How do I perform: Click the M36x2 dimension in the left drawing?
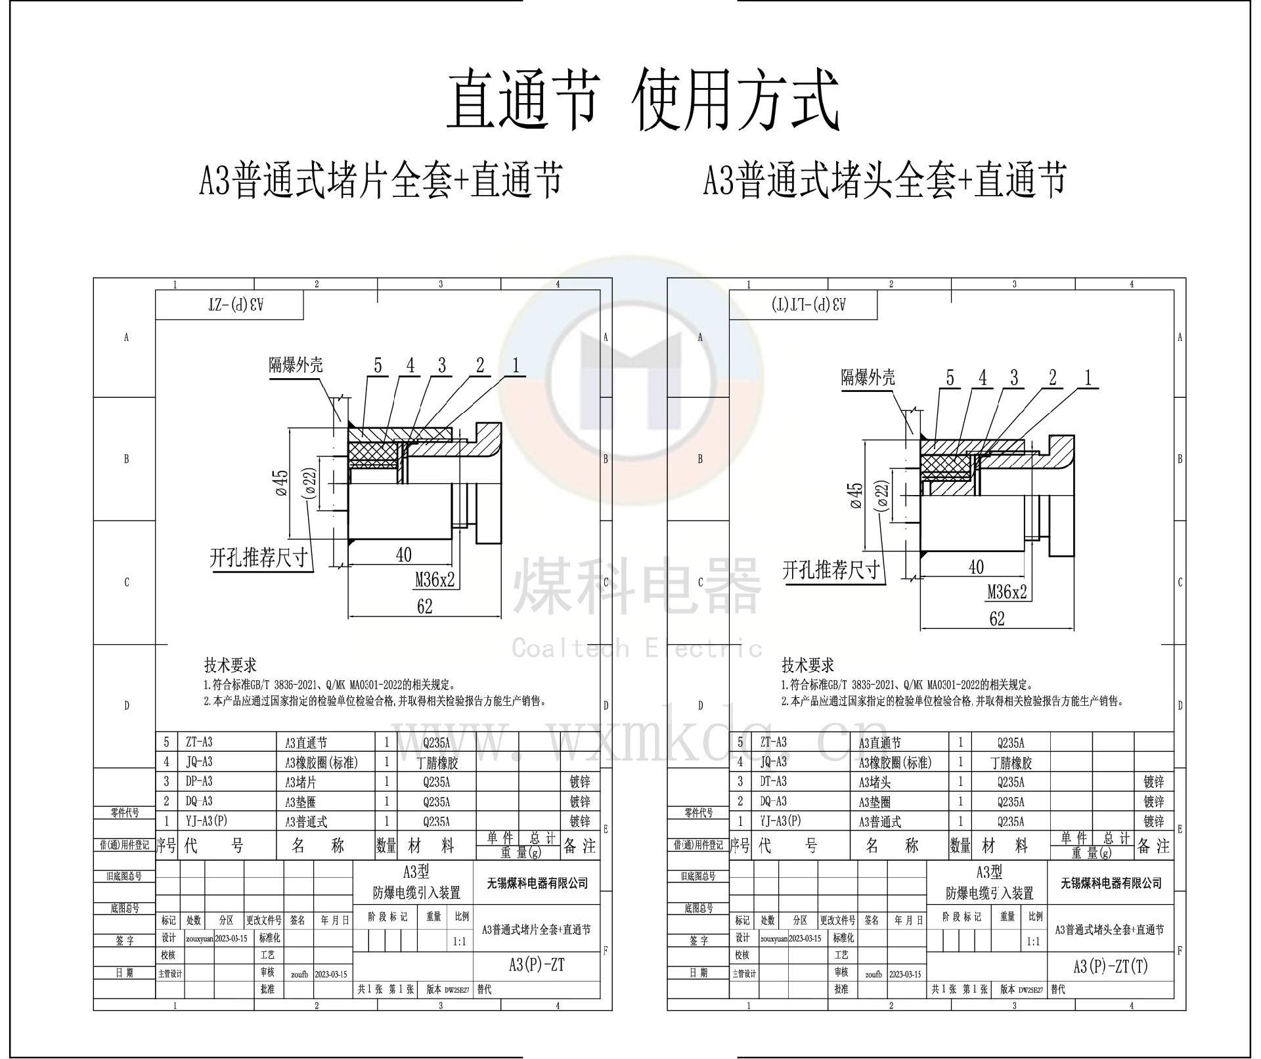[x=435, y=580]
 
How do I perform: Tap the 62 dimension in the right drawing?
[x=996, y=618]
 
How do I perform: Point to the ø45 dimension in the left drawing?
[x=281, y=483]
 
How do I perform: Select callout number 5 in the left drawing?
[x=378, y=366]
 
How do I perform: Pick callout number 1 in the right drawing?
[x=1088, y=378]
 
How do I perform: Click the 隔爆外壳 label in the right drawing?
[x=868, y=378]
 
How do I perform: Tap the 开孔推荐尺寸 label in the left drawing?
[x=259, y=558]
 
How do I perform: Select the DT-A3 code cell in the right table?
[x=772, y=781]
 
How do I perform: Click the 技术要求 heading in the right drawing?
[x=808, y=665]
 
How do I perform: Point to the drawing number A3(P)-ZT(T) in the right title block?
[x=1110, y=966]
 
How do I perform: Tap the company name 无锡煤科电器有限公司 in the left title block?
[x=537, y=883]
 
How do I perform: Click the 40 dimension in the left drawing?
[x=403, y=555]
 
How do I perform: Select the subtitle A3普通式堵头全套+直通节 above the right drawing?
[x=884, y=180]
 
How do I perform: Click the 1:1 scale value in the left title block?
[x=460, y=941]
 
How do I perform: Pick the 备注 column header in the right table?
[x=1153, y=846]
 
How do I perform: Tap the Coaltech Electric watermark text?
[x=636, y=649]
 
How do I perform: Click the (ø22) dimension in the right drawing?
[x=882, y=504]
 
